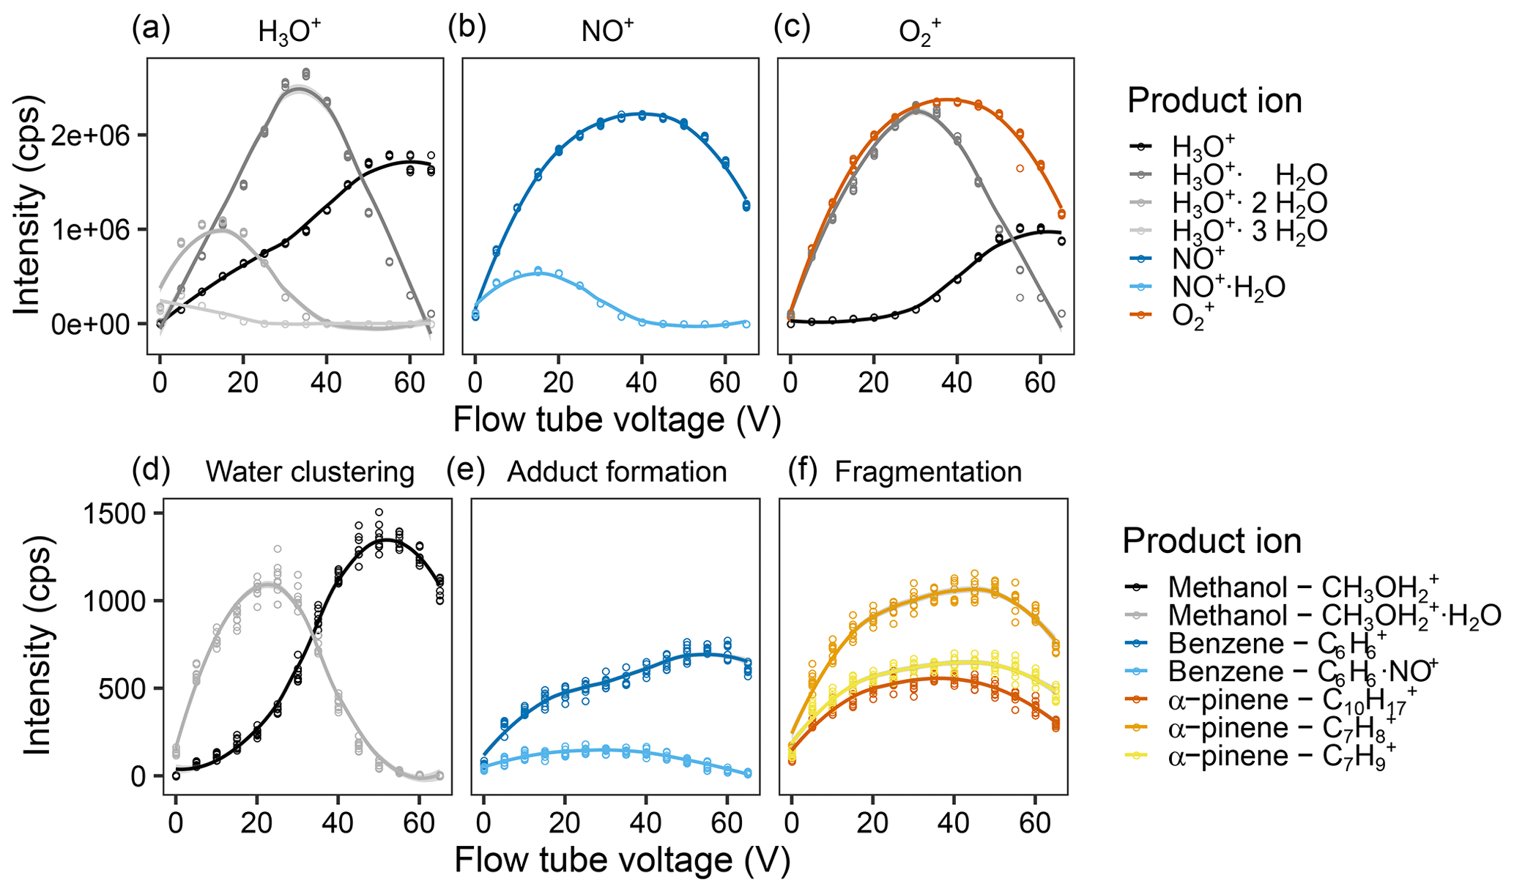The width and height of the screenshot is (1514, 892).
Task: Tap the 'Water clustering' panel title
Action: point(310,472)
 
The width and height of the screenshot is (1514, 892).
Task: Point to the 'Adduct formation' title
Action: point(617,472)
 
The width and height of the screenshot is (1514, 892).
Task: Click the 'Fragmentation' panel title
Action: point(928,472)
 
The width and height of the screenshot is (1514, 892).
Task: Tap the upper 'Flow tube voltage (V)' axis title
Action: point(617,420)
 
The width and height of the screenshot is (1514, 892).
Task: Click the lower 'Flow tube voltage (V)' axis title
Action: point(622,860)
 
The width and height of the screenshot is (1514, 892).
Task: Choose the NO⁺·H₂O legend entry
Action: point(1228,288)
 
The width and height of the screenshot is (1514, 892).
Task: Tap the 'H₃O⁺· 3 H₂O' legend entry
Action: point(1249,231)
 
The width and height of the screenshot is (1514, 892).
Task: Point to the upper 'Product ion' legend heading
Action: point(1214,100)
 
